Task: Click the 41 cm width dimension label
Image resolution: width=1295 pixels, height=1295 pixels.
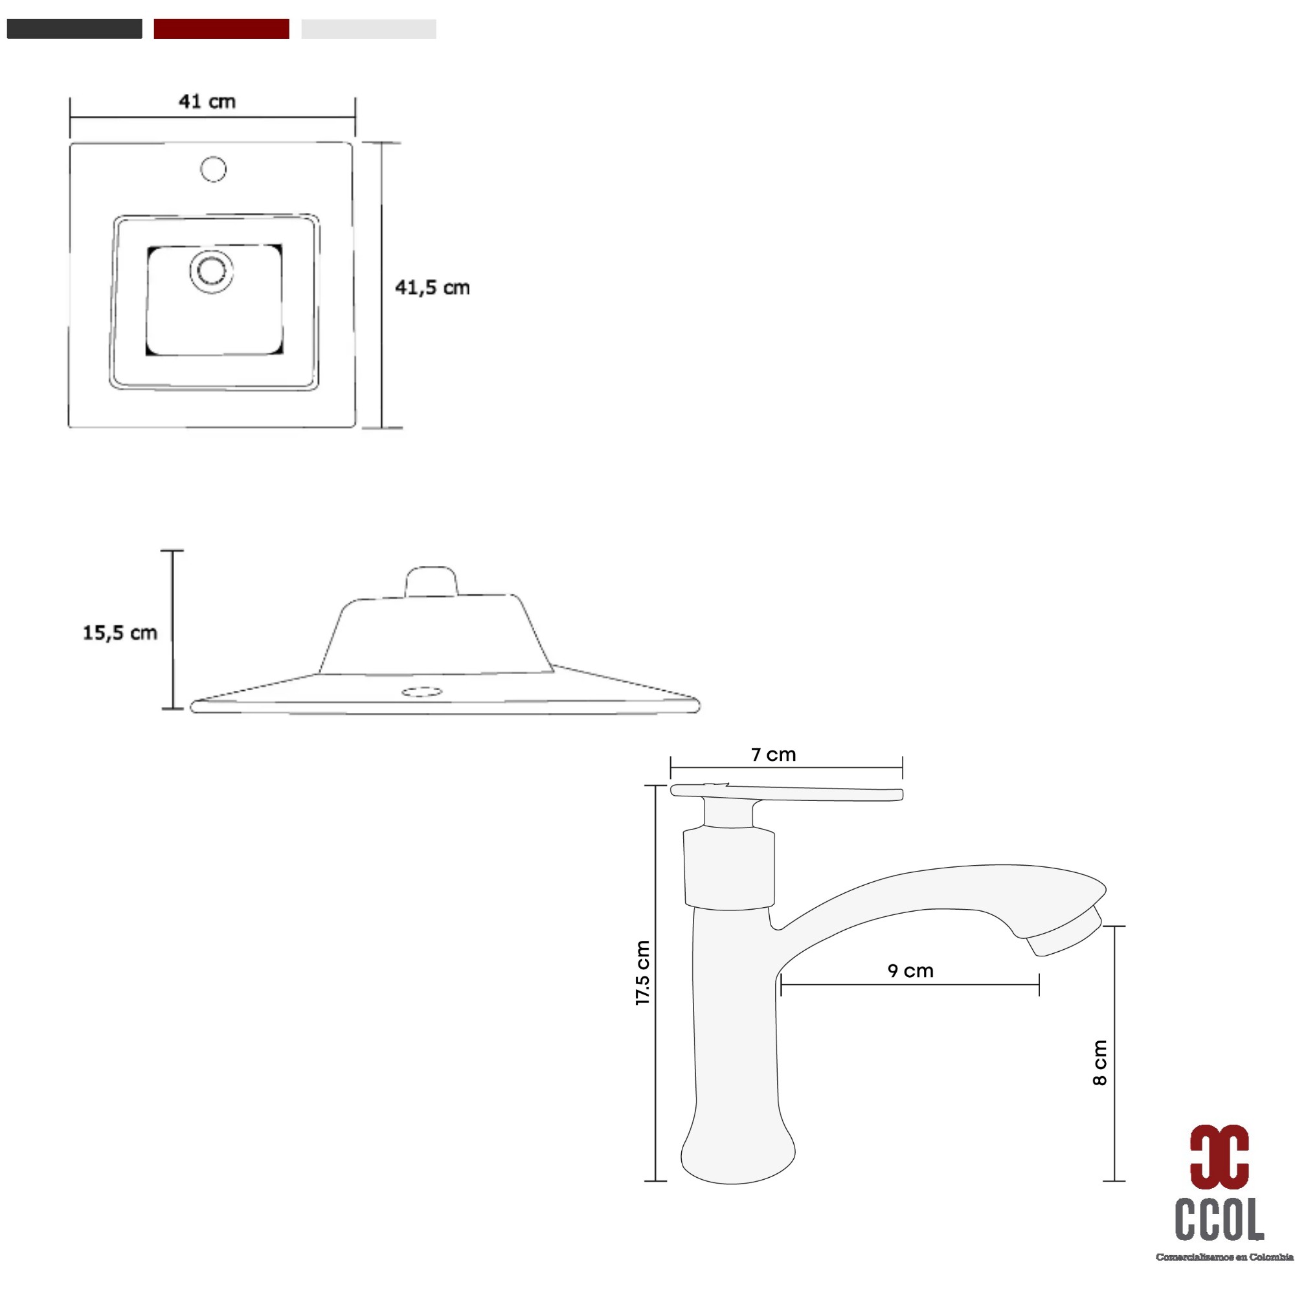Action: point(207,101)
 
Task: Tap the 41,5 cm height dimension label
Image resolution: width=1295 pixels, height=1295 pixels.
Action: point(433,287)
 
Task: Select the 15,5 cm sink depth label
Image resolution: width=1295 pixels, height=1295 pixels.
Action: point(120,633)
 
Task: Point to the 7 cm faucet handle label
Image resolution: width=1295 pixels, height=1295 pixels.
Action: point(774,755)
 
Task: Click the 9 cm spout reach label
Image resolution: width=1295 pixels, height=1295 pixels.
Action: point(910,971)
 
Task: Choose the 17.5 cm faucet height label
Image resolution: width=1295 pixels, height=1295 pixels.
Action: point(642,972)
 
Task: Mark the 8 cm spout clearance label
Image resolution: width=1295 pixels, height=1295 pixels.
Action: point(1099,1063)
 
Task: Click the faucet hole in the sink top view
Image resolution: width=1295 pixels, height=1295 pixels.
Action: point(214,169)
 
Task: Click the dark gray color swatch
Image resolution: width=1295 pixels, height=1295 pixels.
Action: point(74,29)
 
